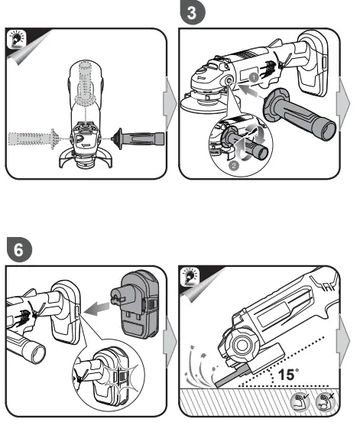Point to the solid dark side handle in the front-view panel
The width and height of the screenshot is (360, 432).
tap(137, 138)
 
